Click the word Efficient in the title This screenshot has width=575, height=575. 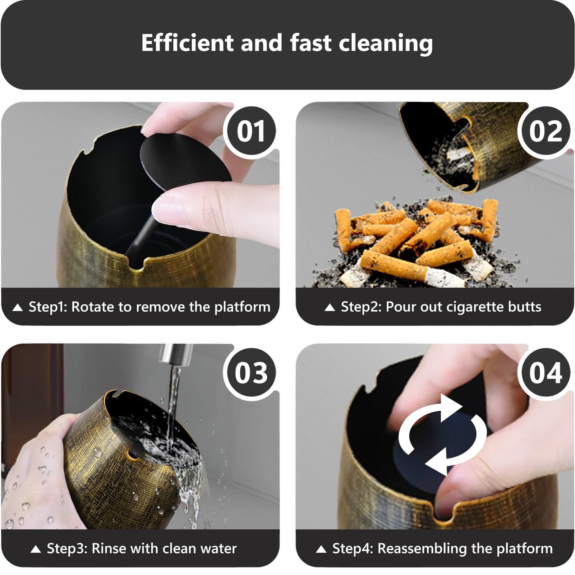click(x=187, y=43)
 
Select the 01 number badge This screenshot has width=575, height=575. click(x=250, y=131)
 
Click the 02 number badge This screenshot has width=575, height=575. click(x=545, y=131)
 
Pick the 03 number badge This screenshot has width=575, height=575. click(x=250, y=373)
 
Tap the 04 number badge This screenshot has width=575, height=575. click(x=545, y=373)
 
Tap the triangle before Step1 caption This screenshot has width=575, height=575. click(x=17, y=308)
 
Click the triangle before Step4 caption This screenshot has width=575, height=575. click(x=321, y=549)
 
